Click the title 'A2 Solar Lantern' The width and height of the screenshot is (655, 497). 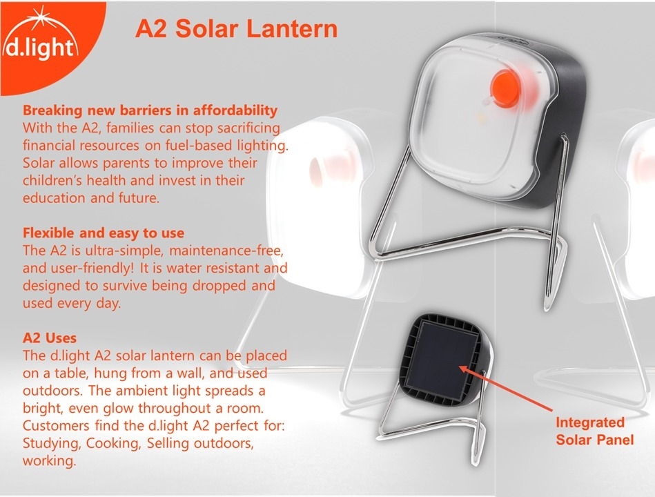tap(237, 29)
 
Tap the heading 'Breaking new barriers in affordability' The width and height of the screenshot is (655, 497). tap(150, 110)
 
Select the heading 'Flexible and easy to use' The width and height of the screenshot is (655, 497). tap(103, 233)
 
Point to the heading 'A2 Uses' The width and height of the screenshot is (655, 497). tap(50, 338)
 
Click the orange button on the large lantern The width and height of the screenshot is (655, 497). tap(505, 88)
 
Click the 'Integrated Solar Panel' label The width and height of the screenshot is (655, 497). tap(594, 431)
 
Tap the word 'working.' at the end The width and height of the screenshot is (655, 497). tap(49, 461)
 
